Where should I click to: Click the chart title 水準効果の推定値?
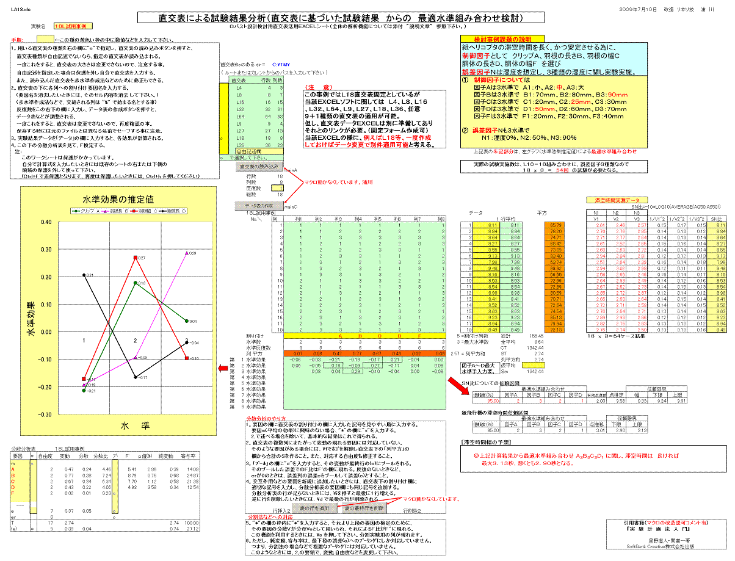(x=118, y=199)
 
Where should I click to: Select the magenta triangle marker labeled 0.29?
(x=186, y=253)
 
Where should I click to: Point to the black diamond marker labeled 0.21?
(x=84, y=275)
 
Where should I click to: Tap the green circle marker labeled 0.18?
(x=136, y=283)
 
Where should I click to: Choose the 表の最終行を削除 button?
(x=364, y=508)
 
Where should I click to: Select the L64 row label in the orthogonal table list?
(x=239, y=115)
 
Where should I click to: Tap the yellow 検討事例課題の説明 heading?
(x=494, y=38)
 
